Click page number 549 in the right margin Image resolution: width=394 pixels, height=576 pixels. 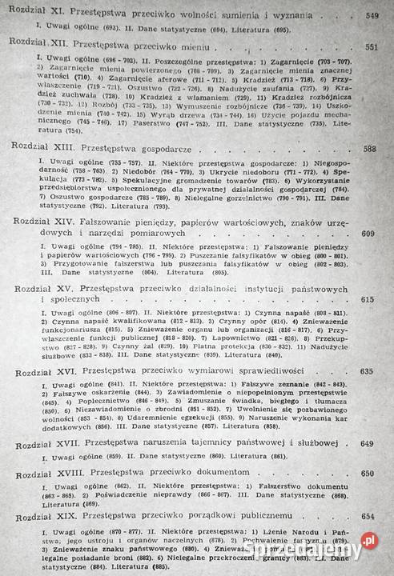pyautogui.click(x=372, y=16)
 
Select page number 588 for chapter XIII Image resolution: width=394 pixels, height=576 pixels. pyautogui.click(x=370, y=149)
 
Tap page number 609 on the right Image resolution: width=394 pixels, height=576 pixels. pyautogui.click(x=368, y=234)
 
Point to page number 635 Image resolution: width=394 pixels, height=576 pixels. pyautogui.click(x=368, y=372)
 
